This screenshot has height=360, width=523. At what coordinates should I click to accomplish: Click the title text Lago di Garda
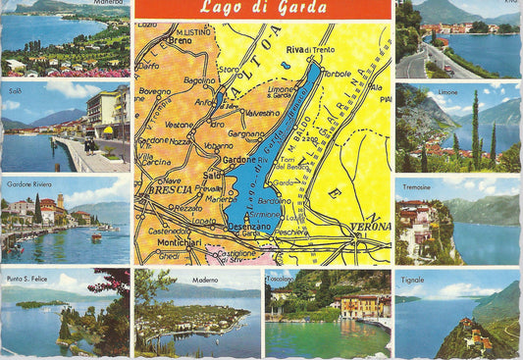pos(262,10)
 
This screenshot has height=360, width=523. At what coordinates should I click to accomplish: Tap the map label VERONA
pos(371,224)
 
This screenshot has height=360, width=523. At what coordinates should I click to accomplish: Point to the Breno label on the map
pos(182,41)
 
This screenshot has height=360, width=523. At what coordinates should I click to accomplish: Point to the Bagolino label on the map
pos(199,79)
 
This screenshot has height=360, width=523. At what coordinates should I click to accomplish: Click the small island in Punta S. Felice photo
pos(29,304)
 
